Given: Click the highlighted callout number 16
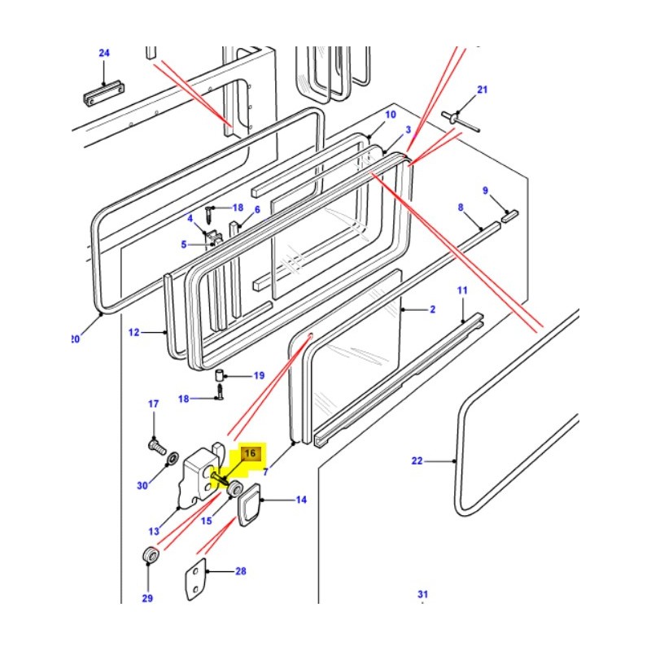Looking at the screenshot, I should [x=251, y=453].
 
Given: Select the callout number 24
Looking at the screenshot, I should [x=104, y=54].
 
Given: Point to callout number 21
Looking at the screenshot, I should [x=482, y=90].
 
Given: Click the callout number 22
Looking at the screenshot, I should [x=417, y=461].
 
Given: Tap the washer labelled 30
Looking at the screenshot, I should [x=172, y=462].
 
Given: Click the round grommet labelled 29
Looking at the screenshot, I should [x=149, y=557].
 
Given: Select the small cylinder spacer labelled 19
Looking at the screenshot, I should [x=219, y=377].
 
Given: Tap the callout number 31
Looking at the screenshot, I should [x=422, y=595].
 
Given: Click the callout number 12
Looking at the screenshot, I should [x=135, y=332].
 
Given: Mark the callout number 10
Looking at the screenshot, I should [x=391, y=115].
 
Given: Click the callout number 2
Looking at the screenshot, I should [x=433, y=310].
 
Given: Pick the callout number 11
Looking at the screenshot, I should [x=462, y=291].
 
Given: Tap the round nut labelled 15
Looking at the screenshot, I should [x=234, y=488].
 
